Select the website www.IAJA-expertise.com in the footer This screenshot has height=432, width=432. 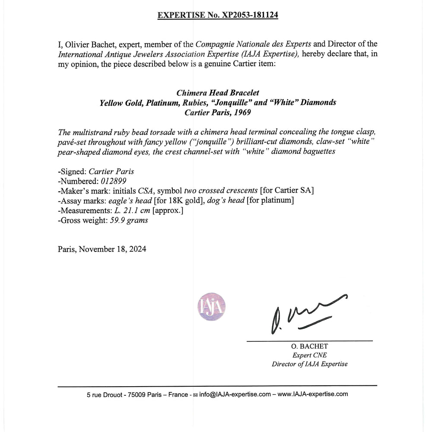tap(313, 394)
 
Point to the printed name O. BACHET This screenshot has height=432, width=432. tap(309, 347)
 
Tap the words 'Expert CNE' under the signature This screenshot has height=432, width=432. tap(309, 355)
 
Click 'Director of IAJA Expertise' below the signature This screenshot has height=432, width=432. tap(309, 364)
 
